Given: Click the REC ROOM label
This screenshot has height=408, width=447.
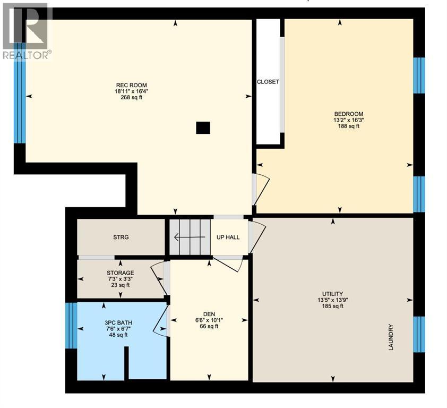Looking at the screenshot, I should click(131, 85).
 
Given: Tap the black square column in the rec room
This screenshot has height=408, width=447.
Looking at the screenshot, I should click(203, 127).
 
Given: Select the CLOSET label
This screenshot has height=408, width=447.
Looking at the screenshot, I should click(268, 82).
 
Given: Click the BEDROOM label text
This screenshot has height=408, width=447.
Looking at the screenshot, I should click(348, 114).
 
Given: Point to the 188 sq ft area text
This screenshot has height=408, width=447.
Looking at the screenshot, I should click(348, 126).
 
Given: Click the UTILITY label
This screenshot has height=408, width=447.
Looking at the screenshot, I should click(332, 294).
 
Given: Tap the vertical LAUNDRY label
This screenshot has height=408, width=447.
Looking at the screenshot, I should click(391, 337).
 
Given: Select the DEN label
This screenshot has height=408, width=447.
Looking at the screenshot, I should click(208, 314).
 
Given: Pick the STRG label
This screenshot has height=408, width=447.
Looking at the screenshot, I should click(121, 237).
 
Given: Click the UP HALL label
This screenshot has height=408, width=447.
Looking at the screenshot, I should click(228, 237).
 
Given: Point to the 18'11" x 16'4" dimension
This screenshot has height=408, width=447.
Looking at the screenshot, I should click(131, 91).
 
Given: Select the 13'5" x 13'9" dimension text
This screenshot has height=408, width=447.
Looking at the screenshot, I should click(332, 300).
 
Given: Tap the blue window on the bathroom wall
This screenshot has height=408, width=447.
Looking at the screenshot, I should click(71, 326).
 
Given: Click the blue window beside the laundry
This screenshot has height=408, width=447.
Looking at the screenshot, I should click(419, 334).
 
